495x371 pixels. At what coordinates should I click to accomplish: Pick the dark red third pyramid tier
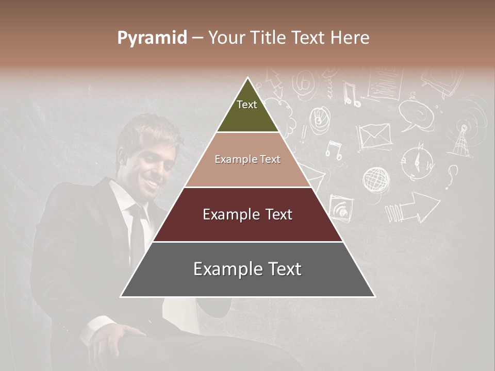(247, 214)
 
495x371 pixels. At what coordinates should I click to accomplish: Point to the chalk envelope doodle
(374, 136)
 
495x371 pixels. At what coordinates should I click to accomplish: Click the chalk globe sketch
(376, 179)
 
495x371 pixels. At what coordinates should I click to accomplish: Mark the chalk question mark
(452, 176)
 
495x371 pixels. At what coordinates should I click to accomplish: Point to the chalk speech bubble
(415, 113)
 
